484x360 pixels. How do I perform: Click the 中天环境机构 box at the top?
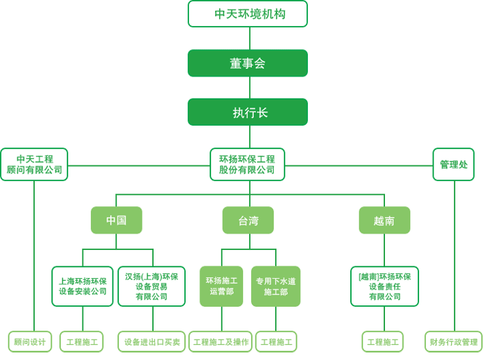coord(248,14)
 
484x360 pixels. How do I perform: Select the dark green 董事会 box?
coord(248,63)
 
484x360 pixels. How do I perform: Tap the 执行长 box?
coord(248,112)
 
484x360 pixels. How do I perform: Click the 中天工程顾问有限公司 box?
coord(34,165)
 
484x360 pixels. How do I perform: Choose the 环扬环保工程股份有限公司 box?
coord(247,165)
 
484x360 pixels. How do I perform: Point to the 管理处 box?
coord(453,165)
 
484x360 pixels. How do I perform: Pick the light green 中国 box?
coord(116,220)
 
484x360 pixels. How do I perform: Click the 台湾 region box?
coord(248,220)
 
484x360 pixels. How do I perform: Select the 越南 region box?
coord(384,220)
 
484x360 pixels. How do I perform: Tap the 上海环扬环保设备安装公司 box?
coord(83,286)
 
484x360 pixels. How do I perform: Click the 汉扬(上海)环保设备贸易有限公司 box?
coord(152,286)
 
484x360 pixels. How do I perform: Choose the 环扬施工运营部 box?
coord(221,286)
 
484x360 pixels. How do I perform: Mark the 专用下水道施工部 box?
coord(276,286)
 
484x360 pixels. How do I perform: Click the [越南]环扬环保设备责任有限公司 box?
coord(384,286)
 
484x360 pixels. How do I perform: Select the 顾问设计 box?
coord(30,342)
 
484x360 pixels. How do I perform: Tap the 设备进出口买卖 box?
coord(152,342)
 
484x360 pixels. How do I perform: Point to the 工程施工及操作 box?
coord(220,342)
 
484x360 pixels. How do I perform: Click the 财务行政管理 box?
coord(453,342)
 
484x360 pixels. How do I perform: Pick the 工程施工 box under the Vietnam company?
coord(383,342)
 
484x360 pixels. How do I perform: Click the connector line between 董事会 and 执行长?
coord(250,87)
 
